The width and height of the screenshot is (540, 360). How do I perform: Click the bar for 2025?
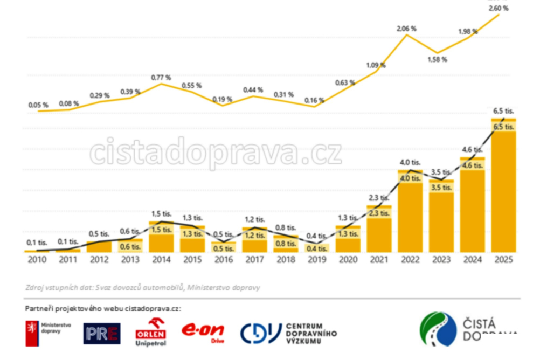504,189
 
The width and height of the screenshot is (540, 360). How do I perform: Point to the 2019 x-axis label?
317,260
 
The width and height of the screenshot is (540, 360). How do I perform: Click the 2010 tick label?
37,260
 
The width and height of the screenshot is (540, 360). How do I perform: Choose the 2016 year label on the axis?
224,260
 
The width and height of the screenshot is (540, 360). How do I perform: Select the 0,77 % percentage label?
160,78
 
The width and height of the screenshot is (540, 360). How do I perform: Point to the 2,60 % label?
498,8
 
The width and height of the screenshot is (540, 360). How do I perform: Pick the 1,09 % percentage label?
376,65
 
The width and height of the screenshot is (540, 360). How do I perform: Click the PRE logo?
102,333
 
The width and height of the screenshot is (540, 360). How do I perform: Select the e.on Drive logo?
203,331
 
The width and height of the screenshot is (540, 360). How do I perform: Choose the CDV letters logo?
260,333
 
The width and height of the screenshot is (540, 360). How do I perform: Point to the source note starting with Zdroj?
142,287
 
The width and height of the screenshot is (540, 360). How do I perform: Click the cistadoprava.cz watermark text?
216,153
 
